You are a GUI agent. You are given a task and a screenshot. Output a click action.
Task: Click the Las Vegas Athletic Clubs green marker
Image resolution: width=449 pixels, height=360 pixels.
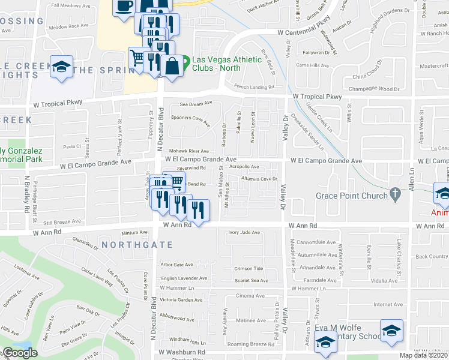click(185, 61)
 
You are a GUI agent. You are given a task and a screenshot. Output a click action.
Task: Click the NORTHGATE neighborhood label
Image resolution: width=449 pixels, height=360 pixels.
click(137, 245)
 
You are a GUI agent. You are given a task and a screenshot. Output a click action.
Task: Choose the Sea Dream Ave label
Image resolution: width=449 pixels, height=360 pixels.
click(191, 104)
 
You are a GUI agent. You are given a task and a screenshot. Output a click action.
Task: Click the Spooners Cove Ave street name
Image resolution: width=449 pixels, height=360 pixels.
click(190, 120)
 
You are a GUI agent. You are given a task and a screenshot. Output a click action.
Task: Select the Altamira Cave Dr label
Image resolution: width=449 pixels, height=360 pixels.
click(259, 178)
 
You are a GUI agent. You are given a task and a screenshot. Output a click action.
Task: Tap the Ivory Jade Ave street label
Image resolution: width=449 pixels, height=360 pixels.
click(244, 232)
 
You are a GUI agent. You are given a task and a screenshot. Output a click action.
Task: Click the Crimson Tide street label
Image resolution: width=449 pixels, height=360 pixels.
click(249, 268)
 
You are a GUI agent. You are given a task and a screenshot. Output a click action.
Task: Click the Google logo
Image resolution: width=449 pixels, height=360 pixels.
click(20, 352)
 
